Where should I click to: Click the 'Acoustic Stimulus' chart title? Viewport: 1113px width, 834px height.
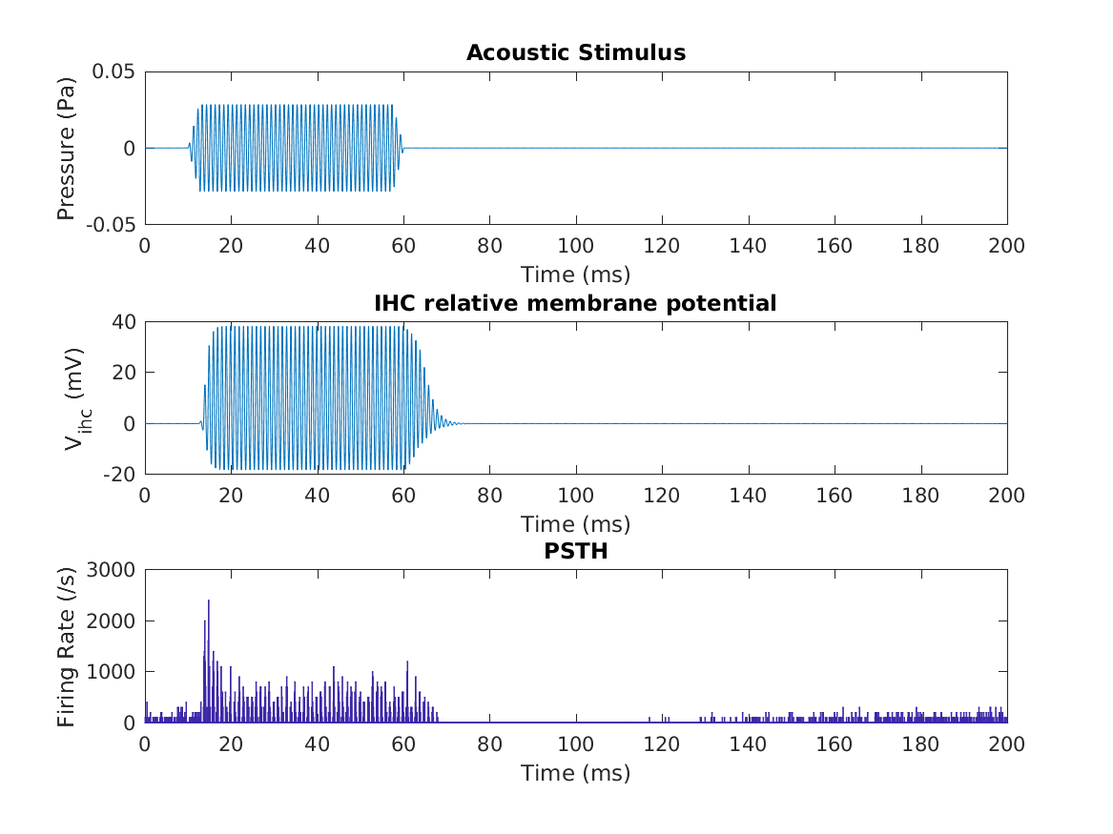(x=575, y=52)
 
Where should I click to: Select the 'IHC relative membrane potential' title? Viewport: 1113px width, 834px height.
(x=575, y=303)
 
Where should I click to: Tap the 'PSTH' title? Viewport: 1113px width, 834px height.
(x=575, y=552)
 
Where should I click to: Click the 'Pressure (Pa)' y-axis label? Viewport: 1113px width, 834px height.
(x=66, y=148)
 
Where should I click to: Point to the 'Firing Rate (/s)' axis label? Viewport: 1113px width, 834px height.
(x=66, y=646)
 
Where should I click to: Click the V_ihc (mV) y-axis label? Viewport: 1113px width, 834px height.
(x=72, y=397)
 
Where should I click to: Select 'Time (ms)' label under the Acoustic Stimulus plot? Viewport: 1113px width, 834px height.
(x=575, y=275)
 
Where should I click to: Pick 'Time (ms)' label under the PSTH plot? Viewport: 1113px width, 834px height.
(x=575, y=773)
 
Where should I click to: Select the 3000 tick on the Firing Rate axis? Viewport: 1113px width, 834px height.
(x=113, y=570)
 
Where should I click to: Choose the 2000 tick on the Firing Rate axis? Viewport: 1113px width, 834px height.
(x=113, y=620)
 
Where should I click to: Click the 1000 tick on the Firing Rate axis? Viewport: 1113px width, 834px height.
(x=113, y=672)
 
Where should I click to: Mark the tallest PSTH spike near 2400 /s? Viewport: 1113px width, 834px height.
(x=208, y=602)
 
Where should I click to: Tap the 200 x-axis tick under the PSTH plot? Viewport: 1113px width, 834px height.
(x=1006, y=743)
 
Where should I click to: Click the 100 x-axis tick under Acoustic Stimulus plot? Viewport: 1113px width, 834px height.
(x=575, y=245)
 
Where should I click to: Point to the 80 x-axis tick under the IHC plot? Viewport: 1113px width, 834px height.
(x=489, y=495)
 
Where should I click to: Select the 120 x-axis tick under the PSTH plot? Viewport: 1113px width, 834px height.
(x=662, y=743)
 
